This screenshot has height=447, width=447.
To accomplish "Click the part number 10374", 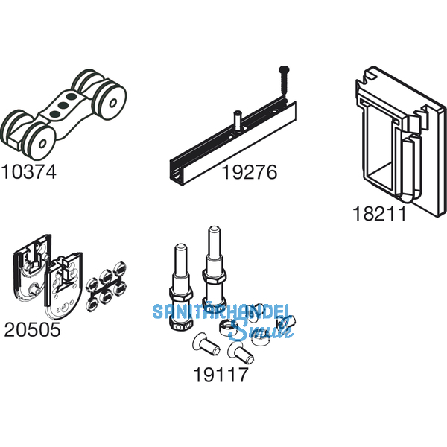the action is point(29,172).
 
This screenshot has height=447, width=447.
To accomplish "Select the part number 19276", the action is point(249,172).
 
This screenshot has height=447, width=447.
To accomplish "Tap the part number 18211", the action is point(379,214).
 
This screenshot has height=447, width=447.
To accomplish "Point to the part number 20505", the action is point(32,329).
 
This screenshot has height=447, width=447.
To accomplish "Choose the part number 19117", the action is point(221,375).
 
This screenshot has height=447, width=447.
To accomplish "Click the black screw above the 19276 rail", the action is point(285,80).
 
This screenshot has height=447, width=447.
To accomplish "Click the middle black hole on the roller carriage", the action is point(63,105).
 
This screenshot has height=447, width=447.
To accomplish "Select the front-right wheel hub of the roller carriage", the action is point(42,143).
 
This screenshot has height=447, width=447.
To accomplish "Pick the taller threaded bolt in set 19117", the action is point(214,269).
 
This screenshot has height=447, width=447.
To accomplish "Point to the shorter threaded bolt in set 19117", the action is point(181,287).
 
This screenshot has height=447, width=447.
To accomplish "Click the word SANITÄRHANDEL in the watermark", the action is point(221,311).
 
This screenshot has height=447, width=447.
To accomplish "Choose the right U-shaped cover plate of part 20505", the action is point(63,288).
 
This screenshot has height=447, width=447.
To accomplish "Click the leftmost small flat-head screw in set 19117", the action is point(206,346).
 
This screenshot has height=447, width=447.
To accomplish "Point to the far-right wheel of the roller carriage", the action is point(111,102).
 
